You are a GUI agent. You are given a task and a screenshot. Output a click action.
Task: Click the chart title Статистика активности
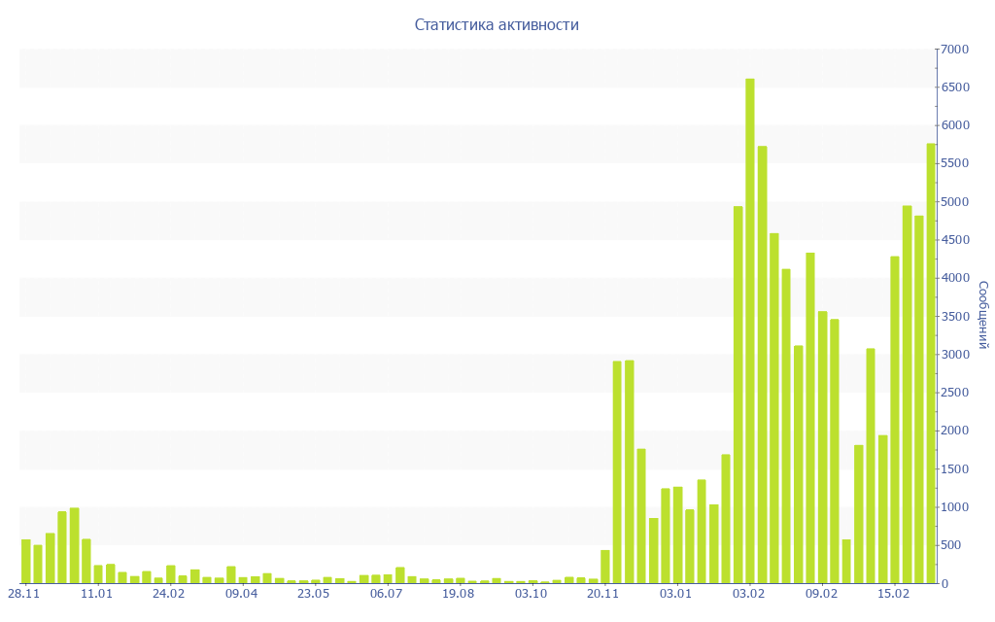coord(497,25)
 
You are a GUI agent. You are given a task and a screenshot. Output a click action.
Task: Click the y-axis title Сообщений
coord(982,315)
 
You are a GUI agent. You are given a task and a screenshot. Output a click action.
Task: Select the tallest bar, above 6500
coord(750,330)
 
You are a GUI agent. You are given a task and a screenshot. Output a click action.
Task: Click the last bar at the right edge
coord(931,364)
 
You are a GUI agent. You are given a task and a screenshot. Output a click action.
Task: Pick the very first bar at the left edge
coord(26,562)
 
